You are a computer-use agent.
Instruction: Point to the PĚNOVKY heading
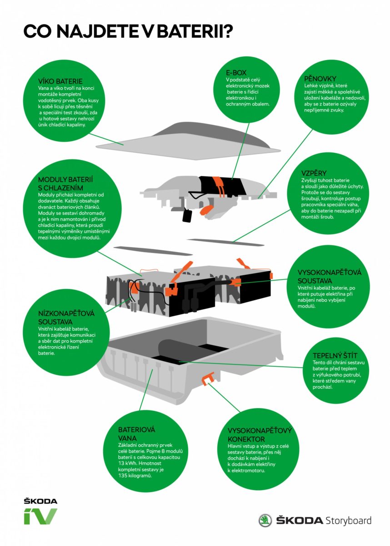(321, 78)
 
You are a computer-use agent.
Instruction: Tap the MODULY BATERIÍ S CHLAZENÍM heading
(67, 183)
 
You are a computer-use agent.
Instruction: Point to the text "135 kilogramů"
(135, 475)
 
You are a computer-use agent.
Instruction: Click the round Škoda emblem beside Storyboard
(265, 521)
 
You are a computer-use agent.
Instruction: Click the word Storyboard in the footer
(348, 521)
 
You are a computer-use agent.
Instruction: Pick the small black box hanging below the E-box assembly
(187, 216)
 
